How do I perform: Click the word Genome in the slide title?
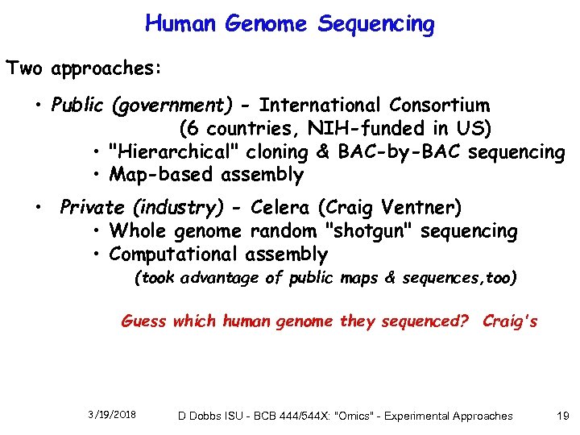266,24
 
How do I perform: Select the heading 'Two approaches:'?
84,68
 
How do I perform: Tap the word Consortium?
439,106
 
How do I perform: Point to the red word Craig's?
510,321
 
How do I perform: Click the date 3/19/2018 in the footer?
112,415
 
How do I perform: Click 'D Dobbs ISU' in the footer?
212,416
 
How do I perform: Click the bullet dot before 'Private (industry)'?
39,209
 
